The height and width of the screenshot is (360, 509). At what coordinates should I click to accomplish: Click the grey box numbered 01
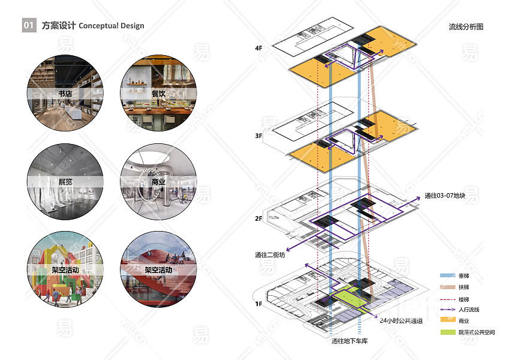click(29, 26)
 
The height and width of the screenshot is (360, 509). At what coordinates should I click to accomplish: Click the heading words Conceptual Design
click(112, 26)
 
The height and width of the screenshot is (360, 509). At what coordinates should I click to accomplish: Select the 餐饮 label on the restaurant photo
click(158, 94)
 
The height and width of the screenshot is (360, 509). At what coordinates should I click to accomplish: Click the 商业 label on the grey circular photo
click(158, 182)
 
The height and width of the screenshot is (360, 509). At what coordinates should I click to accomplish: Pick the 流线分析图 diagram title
click(466, 27)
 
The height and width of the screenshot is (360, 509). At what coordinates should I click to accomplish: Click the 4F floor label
click(258, 47)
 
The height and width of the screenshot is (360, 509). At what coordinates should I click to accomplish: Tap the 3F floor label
click(258, 136)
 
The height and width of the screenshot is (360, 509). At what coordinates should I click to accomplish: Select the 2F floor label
click(258, 218)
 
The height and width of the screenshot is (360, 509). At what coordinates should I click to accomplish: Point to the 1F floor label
click(258, 304)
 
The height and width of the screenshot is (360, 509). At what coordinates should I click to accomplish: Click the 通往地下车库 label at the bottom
click(349, 341)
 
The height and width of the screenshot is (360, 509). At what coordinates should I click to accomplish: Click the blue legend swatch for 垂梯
click(447, 275)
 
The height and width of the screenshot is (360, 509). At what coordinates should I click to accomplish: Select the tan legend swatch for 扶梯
click(447, 287)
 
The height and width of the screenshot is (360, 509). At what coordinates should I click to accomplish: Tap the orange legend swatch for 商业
click(447, 320)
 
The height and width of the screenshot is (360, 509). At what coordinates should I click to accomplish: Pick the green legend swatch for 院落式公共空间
click(447, 332)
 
